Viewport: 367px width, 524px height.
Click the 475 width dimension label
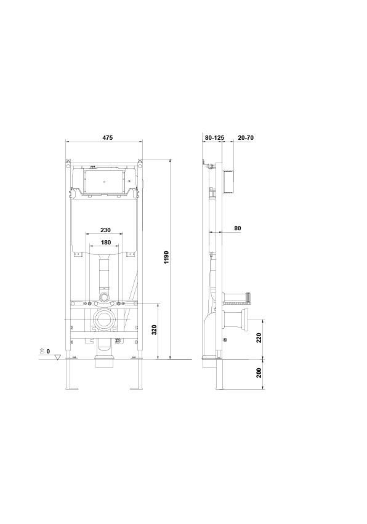[x=108, y=138]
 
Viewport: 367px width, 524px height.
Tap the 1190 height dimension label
[x=166, y=257]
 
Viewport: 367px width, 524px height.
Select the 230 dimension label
[x=106, y=230]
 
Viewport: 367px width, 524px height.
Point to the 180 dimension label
[x=106, y=242]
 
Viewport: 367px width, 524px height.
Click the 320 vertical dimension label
[x=154, y=330]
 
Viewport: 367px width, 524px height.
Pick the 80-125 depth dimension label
[x=214, y=138]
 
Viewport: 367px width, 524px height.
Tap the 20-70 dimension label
[x=246, y=138]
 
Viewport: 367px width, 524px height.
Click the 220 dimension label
[x=259, y=338]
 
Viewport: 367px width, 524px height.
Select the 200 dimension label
[x=259, y=373]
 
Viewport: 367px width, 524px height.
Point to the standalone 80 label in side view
[x=237, y=228]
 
